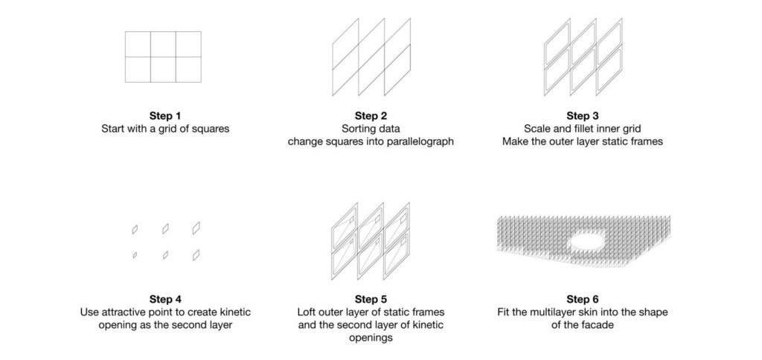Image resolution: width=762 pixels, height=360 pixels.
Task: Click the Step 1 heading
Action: coord(164,116)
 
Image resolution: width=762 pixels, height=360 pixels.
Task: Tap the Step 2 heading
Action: coord(371,116)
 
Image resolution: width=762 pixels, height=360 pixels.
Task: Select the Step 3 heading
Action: coord(582,116)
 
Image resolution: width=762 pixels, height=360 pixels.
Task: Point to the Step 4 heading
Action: coord(164,299)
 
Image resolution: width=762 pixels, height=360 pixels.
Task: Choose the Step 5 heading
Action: coord(371,299)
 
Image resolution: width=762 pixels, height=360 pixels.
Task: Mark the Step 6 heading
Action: coord(582,299)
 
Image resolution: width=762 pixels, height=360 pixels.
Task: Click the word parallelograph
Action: coord(418,142)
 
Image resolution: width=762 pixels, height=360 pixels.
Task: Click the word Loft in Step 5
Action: coord(306,312)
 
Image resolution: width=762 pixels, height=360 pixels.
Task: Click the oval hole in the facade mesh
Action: coord(587,240)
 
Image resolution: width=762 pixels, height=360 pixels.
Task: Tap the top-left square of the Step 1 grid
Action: coord(138,44)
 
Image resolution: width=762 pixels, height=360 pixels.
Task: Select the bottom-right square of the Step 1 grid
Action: coord(188,69)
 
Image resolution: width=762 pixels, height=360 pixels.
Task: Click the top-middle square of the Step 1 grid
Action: coord(163,44)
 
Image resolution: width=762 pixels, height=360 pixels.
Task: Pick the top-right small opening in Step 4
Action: coord(196,228)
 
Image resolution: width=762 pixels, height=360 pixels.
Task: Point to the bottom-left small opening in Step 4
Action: coord(135,255)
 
